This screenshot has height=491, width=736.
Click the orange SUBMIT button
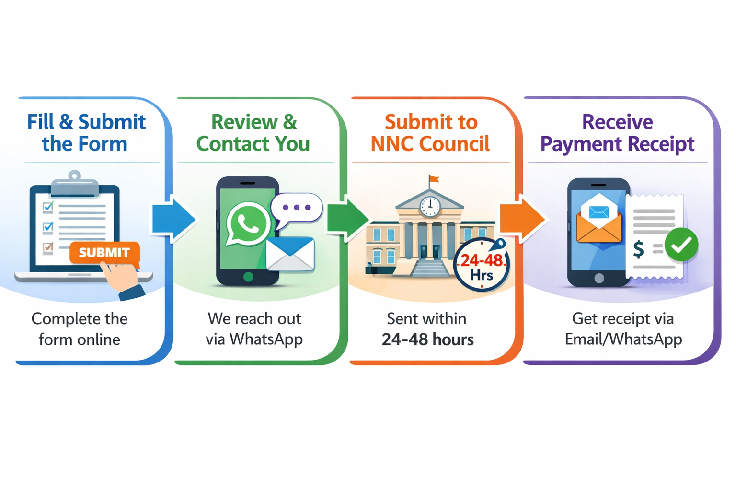[x=104, y=253]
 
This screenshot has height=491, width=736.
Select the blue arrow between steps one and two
[x=174, y=219]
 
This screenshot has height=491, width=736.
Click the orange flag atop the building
[x=434, y=179]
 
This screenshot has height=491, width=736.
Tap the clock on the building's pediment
[x=430, y=207]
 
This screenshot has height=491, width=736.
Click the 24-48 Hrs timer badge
[x=482, y=265]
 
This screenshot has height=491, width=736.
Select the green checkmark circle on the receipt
[x=681, y=245]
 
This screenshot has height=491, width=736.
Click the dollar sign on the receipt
[x=638, y=249]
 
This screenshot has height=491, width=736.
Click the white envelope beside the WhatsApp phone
[x=290, y=254]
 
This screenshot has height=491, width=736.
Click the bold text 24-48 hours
[x=427, y=339]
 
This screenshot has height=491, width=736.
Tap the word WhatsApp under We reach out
[x=266, y=340]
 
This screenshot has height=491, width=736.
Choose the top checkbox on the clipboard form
[x=48, y=207]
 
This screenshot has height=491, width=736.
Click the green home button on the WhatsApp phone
[x=248, y=277]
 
